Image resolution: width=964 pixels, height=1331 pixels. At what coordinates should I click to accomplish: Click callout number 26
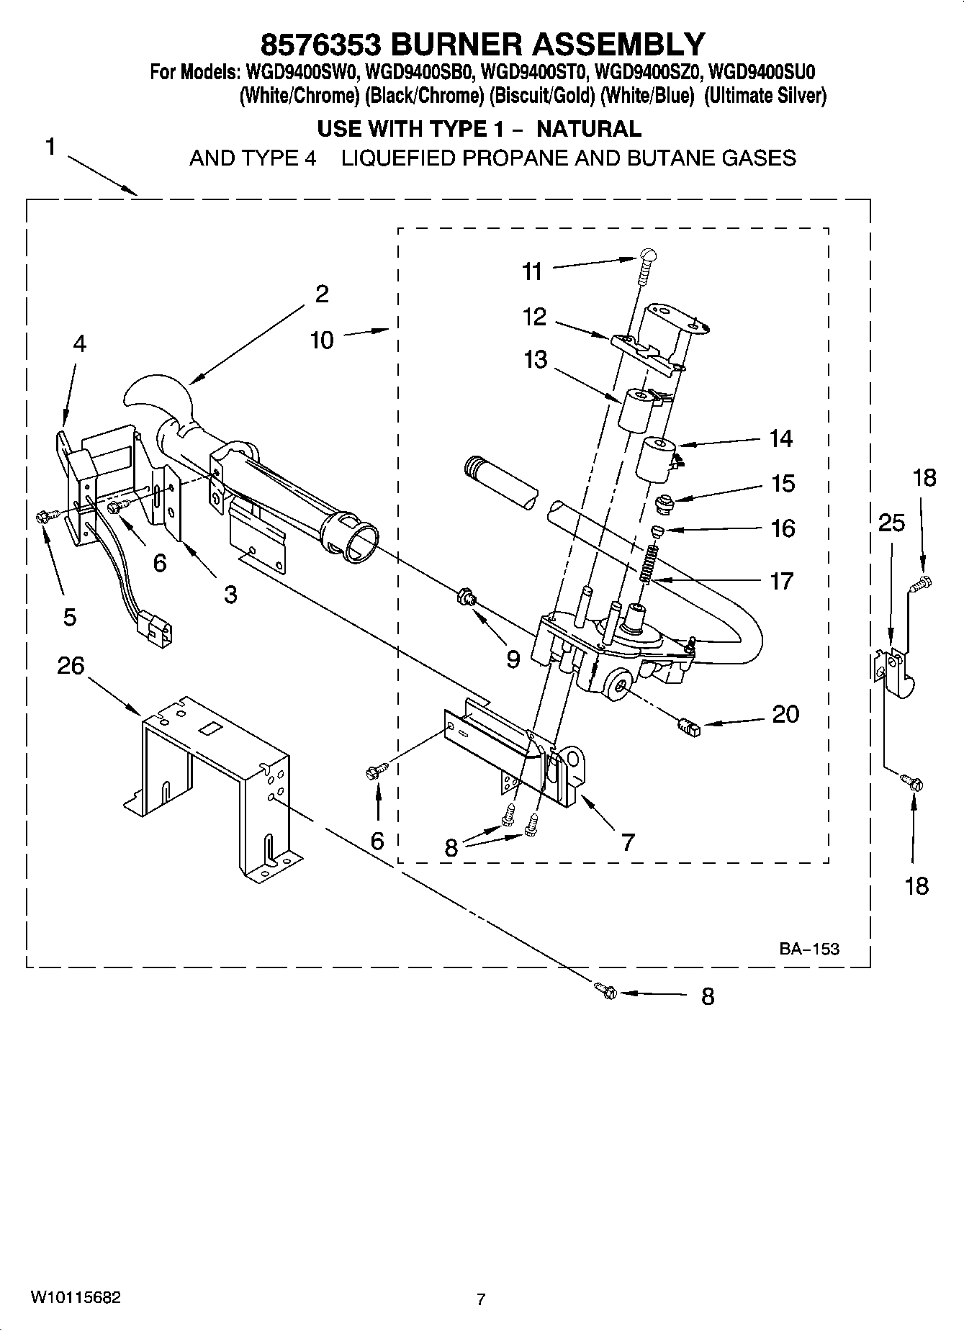pos(71,666)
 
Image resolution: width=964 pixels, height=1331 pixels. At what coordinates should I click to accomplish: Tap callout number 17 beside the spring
pos(781,581)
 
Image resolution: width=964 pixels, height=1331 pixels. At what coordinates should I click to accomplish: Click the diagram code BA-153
pos(808,949)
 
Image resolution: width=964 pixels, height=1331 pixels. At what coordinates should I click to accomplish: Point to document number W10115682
pos(75,1297)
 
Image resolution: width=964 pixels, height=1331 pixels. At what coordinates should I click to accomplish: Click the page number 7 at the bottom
pos(481,1299)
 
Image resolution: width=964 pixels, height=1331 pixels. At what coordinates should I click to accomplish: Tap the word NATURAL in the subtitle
pos(589,129)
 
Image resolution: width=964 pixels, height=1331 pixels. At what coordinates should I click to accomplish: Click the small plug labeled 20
pos(688,728)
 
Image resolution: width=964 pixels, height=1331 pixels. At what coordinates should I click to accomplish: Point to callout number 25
pos(891,523)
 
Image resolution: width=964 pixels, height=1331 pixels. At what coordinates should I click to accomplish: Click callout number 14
pos(780,438)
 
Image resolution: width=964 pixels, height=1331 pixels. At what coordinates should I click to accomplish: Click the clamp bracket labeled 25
pos(893,672)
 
